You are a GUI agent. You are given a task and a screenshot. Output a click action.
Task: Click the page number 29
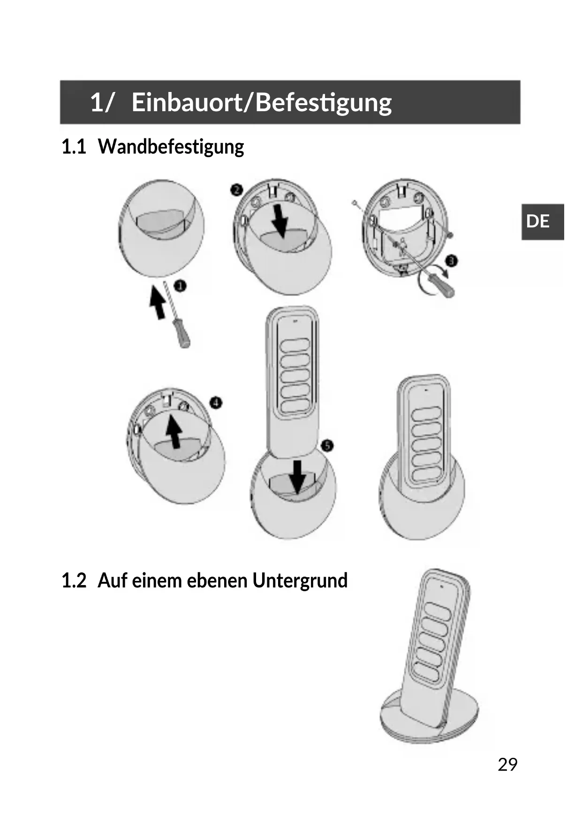[507, 765]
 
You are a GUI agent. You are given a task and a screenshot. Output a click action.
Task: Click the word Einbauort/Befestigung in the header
[261, 102]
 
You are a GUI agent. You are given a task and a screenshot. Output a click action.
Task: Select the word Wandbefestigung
[171, 147]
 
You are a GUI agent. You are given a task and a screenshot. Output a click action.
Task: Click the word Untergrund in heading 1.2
[300, 581]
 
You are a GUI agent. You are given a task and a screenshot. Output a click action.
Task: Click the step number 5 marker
[327, 446]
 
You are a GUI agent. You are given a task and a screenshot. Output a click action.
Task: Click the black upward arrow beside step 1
[158, 303]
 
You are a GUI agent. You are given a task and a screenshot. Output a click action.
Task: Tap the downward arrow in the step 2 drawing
[280, 220]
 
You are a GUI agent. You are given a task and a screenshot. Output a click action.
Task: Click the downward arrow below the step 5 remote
[297, 477]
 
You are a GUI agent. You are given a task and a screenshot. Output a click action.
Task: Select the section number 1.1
[74, 147]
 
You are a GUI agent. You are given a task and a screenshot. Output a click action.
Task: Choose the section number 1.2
[74, 581]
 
